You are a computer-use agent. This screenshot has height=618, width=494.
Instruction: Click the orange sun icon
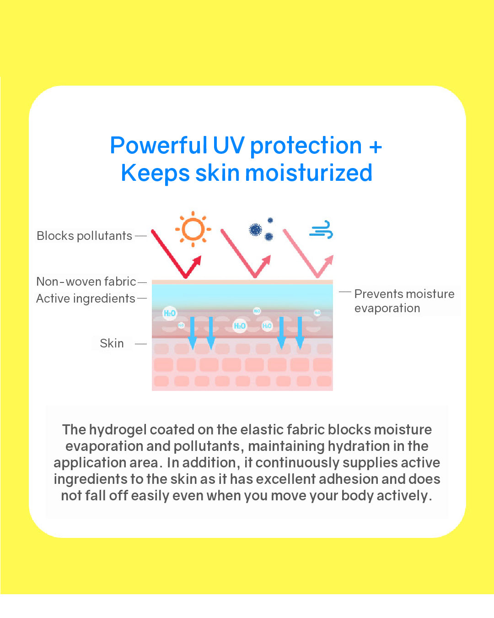pyautogui.click(x=193, y=229)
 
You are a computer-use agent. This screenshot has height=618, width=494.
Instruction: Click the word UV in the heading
pyautogui.click(x=229, y=146)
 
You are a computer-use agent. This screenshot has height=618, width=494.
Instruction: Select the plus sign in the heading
pyautogui.click(x=375, y=146)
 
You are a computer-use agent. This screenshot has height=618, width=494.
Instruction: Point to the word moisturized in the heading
pyautogui.click(x=309, y=173)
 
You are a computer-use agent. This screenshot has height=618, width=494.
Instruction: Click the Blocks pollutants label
pyautogui.click(x=85, y=236)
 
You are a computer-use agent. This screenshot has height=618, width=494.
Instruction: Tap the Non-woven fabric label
pyautogui.click(x=86, y=282)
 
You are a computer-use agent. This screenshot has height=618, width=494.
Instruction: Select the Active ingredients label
pyautogui.click(x=86, y=298)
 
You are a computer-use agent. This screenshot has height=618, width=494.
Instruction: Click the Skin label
pyautogui.click(x=112, y=343)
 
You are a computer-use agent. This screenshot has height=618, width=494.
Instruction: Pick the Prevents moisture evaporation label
pyautogui.click(x=404, y=301)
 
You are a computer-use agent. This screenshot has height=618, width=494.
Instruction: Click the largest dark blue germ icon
pyautogui.click(x=255, y=229)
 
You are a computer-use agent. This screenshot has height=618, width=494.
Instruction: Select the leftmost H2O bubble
pyautogui.click(x=169, y=313)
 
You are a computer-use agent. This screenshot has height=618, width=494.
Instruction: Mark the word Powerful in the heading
pyautogui.click(x=158, y=146)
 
